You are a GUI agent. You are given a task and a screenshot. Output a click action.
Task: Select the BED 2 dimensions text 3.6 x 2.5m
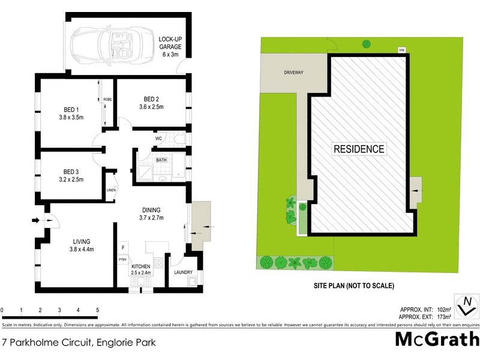coord(151,107)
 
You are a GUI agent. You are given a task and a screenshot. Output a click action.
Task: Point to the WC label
coord(159,139)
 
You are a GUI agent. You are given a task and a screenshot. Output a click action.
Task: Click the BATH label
coord(161,160)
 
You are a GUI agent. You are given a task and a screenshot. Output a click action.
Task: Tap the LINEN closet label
coord(111,190)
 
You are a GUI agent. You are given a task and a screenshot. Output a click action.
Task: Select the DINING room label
coord(151,209)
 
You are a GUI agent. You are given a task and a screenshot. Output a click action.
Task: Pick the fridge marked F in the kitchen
coord(122,247)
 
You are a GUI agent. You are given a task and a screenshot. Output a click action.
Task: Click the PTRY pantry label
coord(122,259)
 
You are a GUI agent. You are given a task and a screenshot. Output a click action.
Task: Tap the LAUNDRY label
coord(183,272)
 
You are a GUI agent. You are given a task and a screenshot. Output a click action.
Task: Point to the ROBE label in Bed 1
coord(108,99)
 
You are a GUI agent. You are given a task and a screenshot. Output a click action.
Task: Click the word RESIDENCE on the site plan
coord(359,149)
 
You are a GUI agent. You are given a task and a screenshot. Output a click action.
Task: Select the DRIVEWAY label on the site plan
coord(294,73)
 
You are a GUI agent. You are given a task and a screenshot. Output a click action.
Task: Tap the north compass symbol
coord(466,307)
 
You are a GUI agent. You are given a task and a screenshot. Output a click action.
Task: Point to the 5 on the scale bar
coord(97,310)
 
